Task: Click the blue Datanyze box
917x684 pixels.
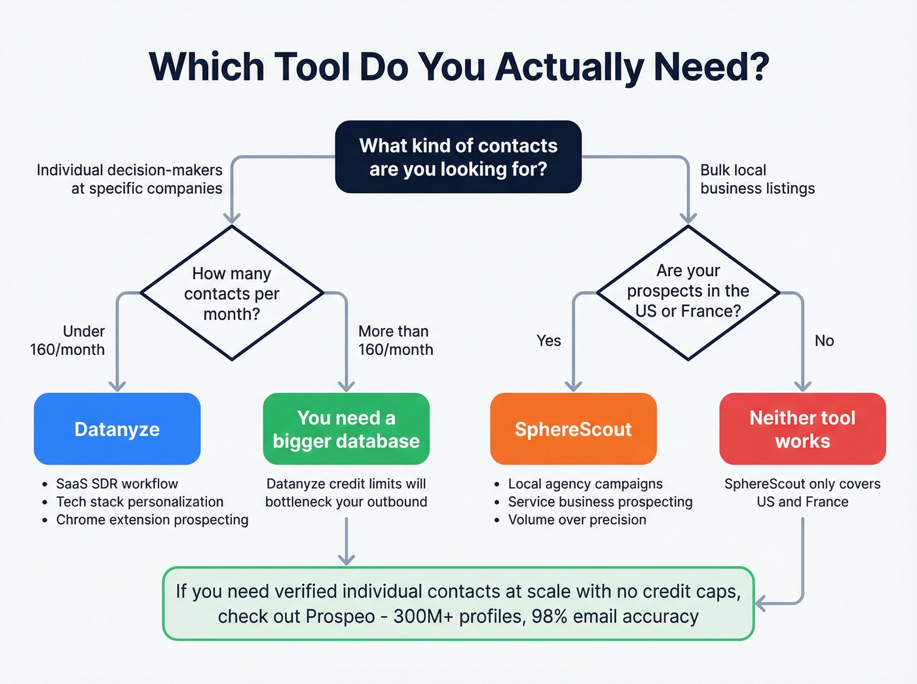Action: tap(117, 429)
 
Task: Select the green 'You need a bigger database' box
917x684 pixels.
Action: tap(346, 429)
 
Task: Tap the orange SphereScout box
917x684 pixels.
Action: tap(573, 429)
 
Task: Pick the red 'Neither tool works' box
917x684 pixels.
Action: tap(802, 429)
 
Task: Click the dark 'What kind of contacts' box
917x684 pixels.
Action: tap(458, 157)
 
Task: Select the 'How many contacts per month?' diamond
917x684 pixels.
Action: tap(232, 293)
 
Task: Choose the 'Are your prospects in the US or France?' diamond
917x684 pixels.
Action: tap(688, 291)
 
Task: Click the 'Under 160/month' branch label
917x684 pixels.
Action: tap(67, 340)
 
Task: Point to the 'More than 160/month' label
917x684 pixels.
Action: tap(396, 340)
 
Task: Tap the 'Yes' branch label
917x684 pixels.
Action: tap(549, 340)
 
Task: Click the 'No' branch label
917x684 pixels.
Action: tap(824, 340)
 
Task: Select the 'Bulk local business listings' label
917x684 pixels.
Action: tap(757, 179)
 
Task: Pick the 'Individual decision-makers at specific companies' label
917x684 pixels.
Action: tap(130, 179)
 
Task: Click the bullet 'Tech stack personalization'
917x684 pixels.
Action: tap(140, 501)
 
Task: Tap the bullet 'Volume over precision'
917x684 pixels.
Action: tap(577, 520)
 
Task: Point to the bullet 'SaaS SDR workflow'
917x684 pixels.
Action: tap(117, 484)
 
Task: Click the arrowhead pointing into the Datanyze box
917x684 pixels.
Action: tap(117, 386)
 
